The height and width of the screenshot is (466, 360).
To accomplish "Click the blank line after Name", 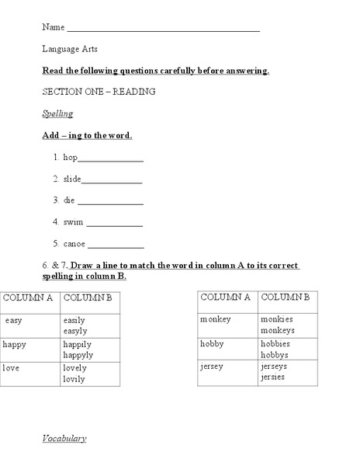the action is point(163,30).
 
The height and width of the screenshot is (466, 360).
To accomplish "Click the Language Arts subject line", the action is point(70,49).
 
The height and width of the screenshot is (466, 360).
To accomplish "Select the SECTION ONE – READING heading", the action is point(99,92).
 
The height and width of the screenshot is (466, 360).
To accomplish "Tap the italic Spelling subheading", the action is point(57,113).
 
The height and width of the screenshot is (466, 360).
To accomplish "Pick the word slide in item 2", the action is point(72,179).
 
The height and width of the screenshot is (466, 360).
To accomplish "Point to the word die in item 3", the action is point(70,200).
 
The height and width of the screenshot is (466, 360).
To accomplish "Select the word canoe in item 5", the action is point(74,243).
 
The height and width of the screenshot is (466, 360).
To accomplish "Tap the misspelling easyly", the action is point(75,331).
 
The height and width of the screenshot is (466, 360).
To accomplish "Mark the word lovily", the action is point(75,378).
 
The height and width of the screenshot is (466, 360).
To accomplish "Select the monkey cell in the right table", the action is point(216,319).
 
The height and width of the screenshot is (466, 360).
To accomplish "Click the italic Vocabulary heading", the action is point(64,439).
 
